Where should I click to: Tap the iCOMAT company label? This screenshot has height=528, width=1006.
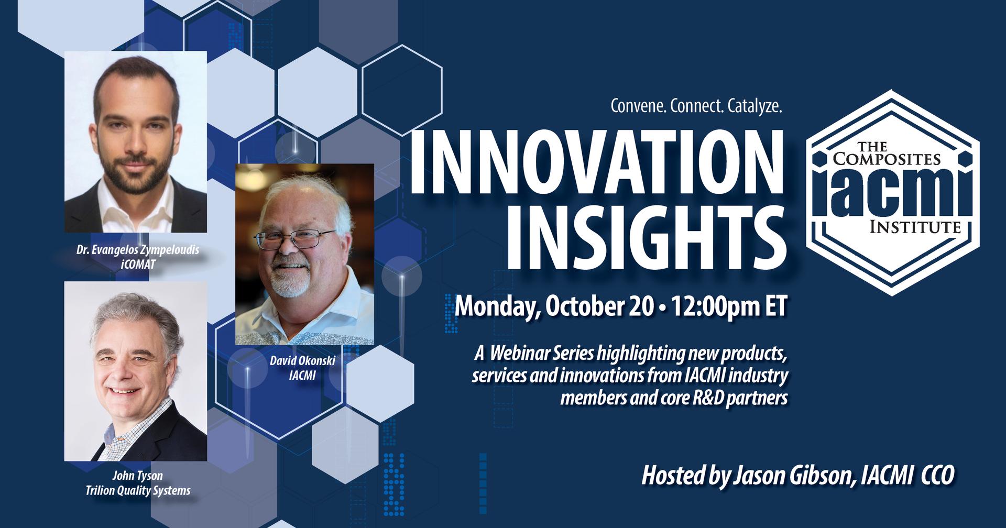tap(138, 265)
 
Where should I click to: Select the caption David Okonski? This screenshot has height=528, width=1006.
tap(302, 361)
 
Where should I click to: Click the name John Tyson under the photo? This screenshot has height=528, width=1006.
tap(138, 476)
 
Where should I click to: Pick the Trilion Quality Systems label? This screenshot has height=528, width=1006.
tap(138, 491)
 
